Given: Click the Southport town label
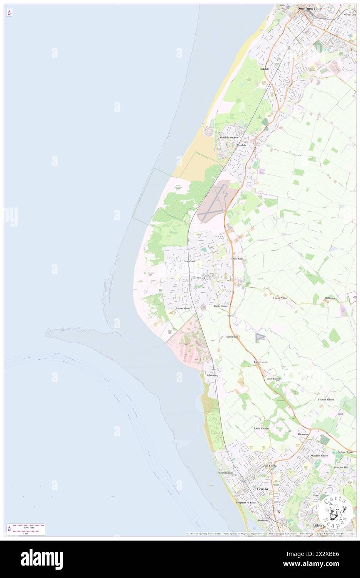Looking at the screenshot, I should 307,7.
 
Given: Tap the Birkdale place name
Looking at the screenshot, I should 264,69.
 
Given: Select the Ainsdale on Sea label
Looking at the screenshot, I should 229,138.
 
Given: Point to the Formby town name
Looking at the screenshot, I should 199,277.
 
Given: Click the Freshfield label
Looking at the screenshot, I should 189,261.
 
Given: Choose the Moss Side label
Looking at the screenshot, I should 237,259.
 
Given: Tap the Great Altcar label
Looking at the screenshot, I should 280,298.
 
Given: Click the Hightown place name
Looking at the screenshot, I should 211,375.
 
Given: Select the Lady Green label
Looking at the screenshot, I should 261,362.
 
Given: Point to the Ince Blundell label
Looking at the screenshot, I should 274,379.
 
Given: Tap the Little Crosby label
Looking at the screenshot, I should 262,428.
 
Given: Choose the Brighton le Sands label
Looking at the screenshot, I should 246,503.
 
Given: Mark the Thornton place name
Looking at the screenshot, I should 303,434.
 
